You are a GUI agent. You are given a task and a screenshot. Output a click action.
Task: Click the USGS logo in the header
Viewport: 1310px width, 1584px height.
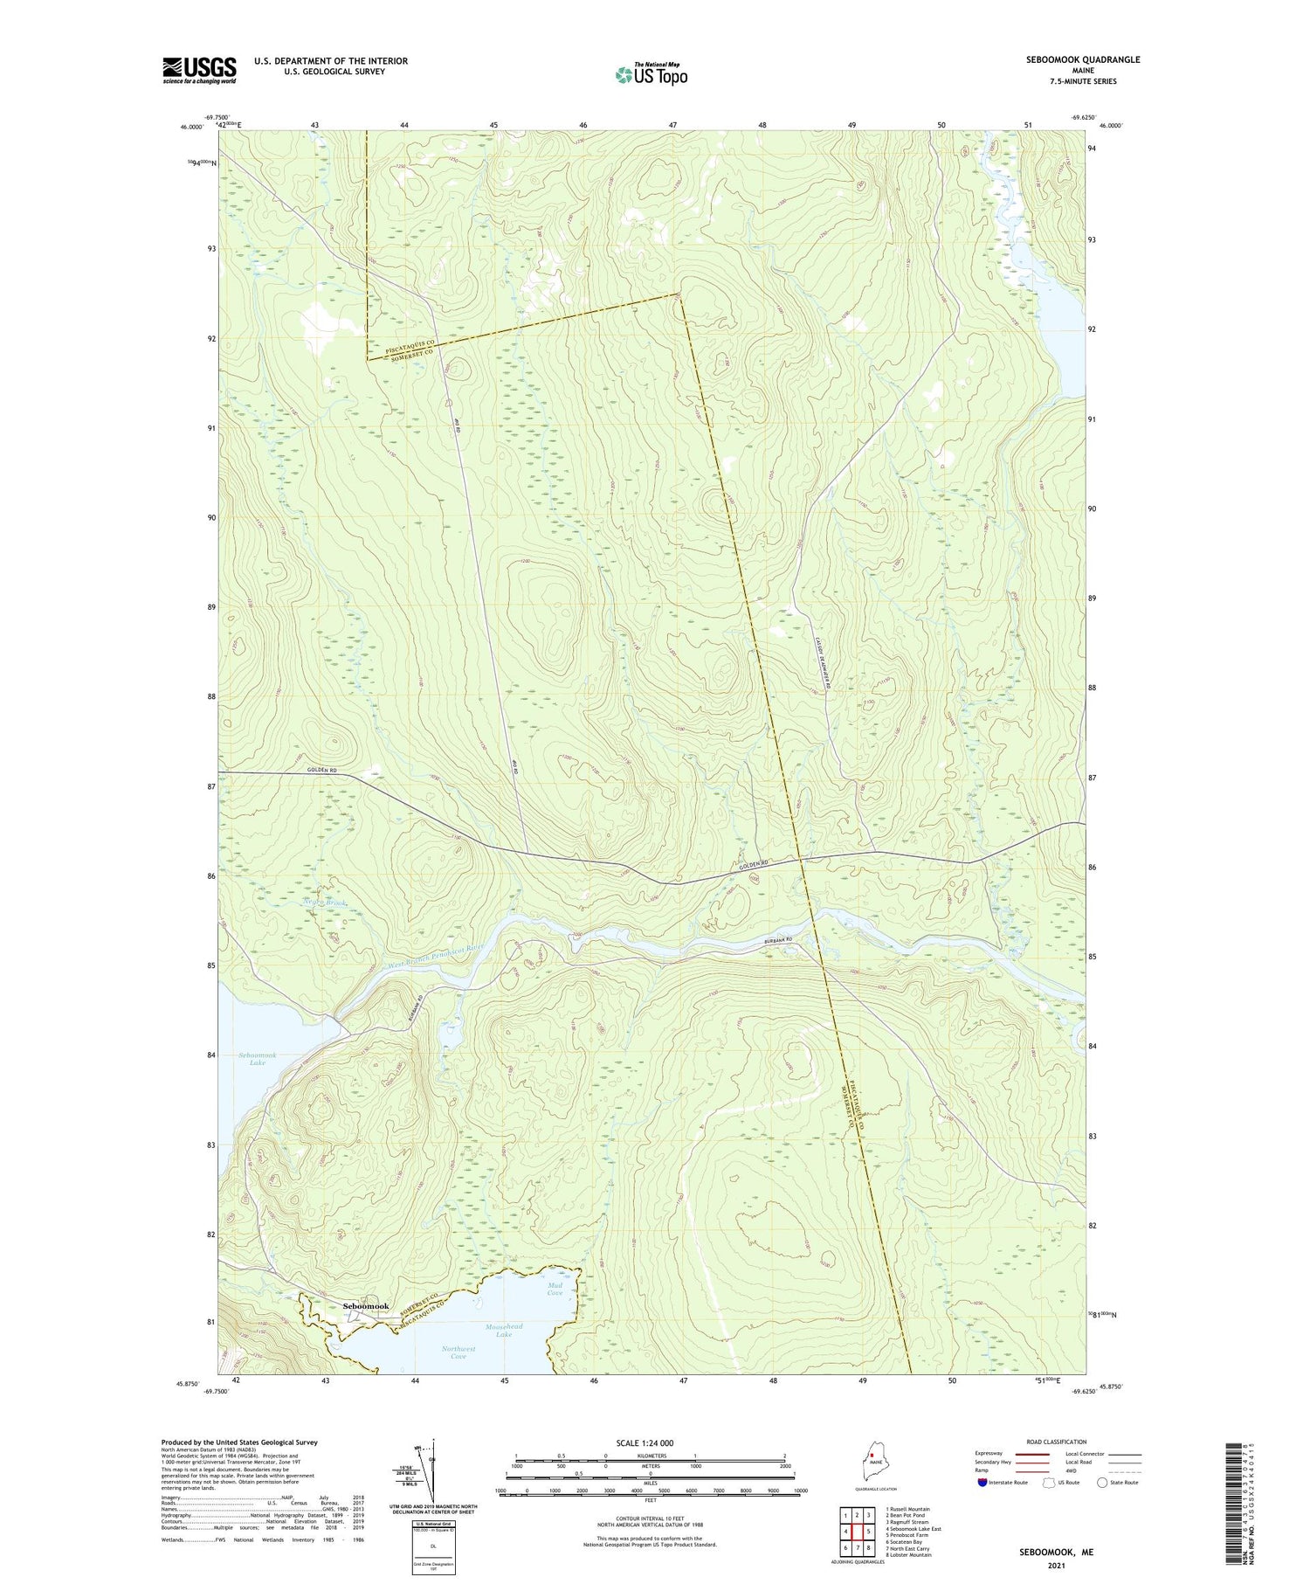point(199,70)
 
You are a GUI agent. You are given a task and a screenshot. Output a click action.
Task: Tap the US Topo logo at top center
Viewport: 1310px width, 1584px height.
point(651,74)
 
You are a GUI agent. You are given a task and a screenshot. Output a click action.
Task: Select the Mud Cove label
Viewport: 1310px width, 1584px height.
point(555,1289)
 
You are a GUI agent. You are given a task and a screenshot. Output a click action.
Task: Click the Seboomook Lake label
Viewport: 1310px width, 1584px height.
point(258,1059)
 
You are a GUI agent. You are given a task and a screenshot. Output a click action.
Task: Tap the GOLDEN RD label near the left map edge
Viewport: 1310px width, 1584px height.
point(322,770)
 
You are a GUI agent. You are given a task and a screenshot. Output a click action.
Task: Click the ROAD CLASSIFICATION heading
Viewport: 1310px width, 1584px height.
point(1056,1442)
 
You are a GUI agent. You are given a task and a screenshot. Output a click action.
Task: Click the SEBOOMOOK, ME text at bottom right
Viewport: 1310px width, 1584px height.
point(1055,1553)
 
